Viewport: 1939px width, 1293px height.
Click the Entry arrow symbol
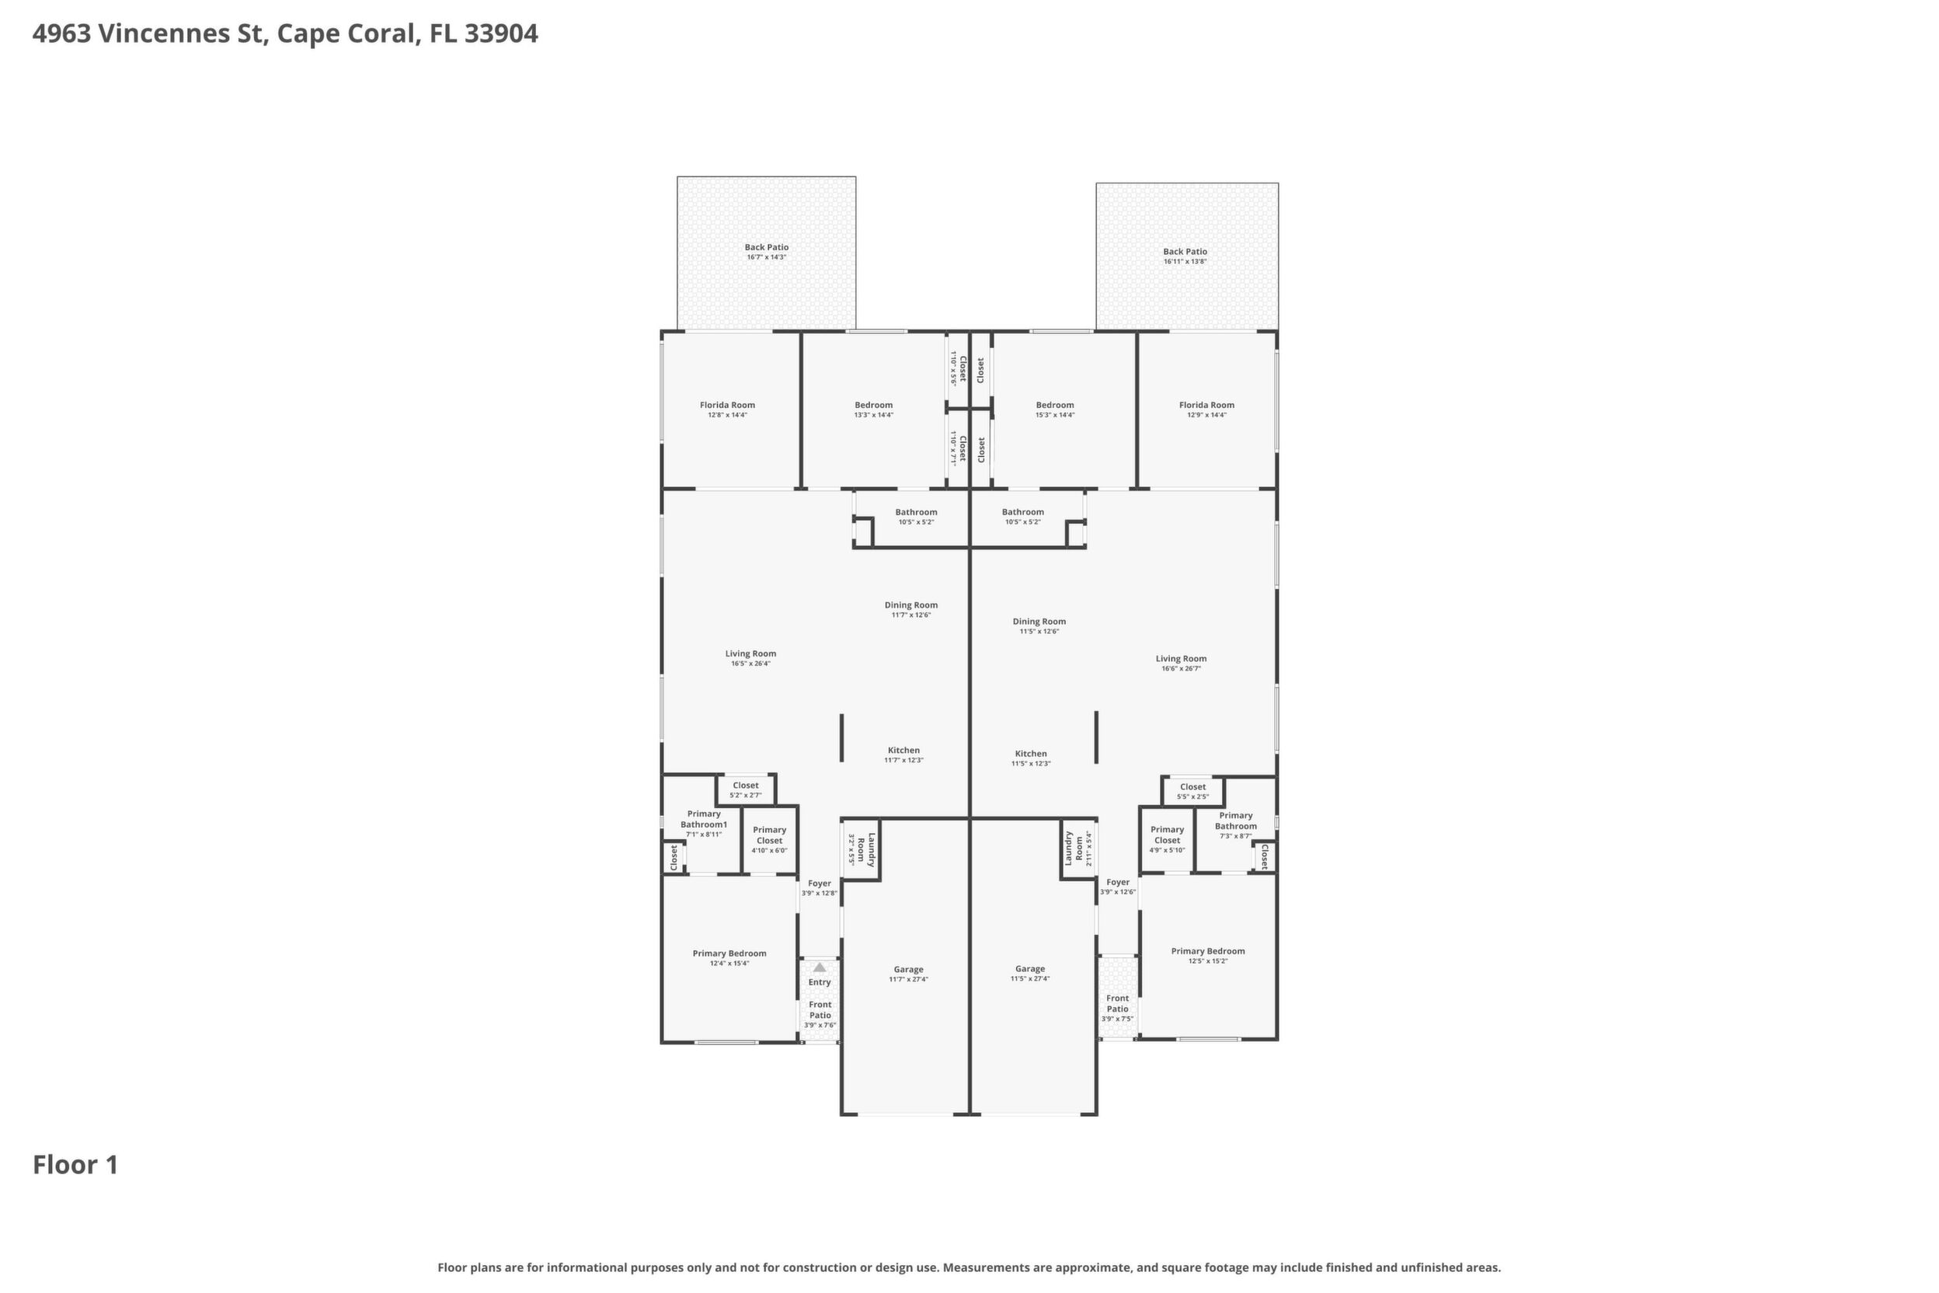click(x=820, y=967)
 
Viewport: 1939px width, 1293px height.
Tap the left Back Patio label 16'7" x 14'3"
click(x=767, y=252)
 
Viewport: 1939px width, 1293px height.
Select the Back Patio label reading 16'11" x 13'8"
click(x=1185, y=256)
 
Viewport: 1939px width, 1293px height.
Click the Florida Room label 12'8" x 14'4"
click(x=727, y=410)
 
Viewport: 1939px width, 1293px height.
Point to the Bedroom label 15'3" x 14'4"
click(x=1055, y=410)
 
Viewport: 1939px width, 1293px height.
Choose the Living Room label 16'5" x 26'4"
click(x=750, y=658)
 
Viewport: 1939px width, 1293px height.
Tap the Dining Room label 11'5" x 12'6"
click(x=1039, y=626)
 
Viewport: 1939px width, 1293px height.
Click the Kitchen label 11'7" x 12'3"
click(x=903, y=755)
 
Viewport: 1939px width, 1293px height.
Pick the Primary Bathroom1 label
click(x=704, y=824)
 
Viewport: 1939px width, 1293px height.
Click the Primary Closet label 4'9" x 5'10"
click(x=1168, y=839)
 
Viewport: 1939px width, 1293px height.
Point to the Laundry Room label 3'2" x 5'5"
click(x=861, y=849)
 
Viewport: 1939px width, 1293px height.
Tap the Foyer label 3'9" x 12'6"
click(x=1118, y=887)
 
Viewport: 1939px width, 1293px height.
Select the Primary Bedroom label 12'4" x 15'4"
click(x=729, y=957)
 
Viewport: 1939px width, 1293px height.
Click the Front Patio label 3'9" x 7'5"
click(x=1118, y=1009)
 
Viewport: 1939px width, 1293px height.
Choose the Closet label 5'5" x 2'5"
click(x=1193, y=792)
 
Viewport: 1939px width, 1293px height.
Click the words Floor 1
click(x=76, y=1166)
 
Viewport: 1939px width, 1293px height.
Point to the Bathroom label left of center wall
click(x=916, y=516)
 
